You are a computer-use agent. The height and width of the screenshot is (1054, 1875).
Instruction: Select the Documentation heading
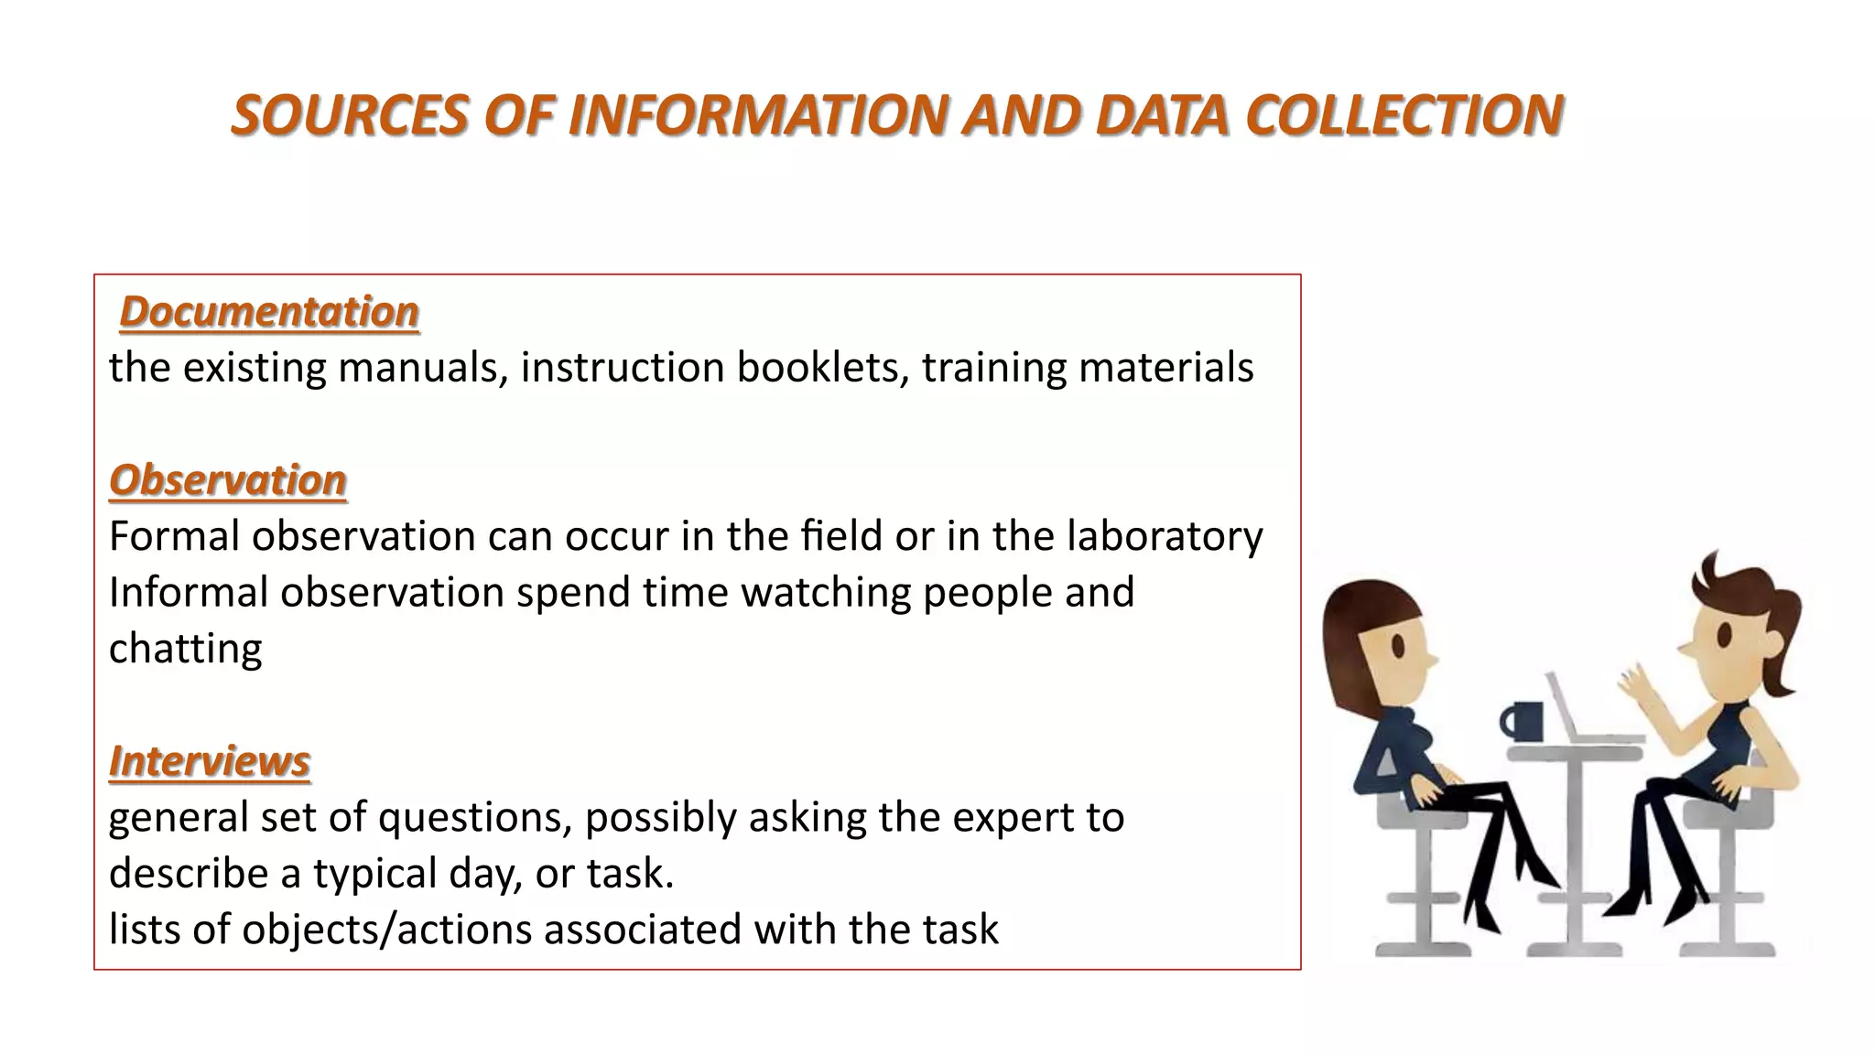point(269,312)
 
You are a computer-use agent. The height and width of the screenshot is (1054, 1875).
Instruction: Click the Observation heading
point(228,480)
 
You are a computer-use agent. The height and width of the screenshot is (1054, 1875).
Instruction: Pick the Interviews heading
point(210,761)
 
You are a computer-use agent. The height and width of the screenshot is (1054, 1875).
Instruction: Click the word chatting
point(186,649)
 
